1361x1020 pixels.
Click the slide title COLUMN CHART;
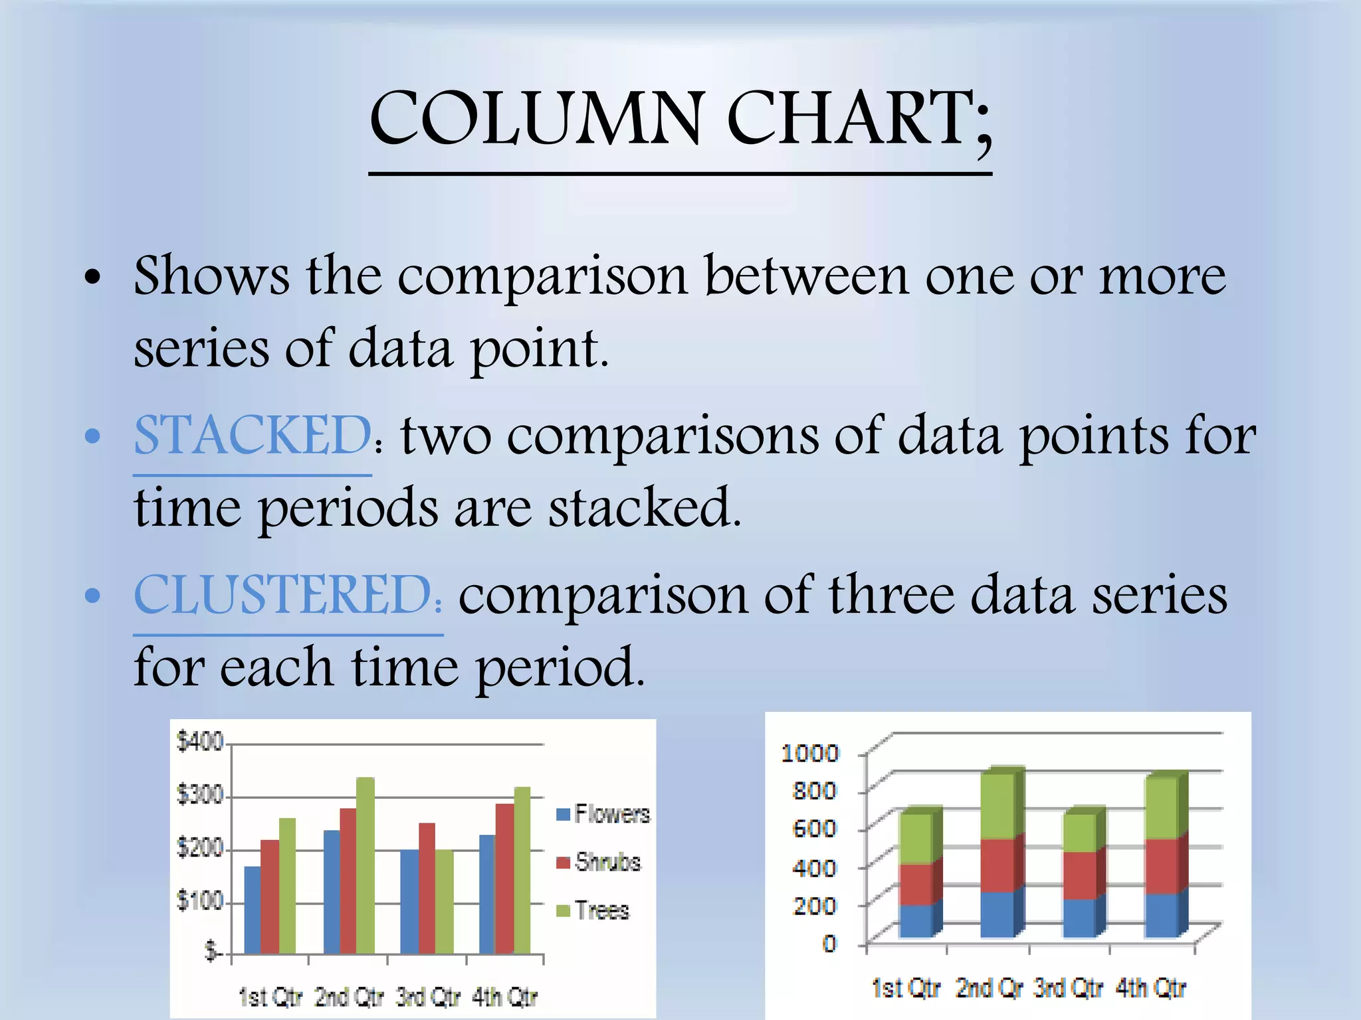coord(680,120)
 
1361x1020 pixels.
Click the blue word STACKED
coord(252,436)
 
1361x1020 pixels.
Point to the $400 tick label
coord(199,741)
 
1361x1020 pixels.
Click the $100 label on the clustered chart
coord(199,901)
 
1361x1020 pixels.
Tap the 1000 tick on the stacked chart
coord(810,753)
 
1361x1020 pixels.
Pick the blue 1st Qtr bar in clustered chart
coord(253,910)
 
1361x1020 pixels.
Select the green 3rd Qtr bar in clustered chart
coord(445,901)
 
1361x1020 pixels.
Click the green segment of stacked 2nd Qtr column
coord(997,806)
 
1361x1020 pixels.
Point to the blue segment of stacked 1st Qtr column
coord(916,920)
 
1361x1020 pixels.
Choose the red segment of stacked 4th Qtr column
coord(1161,866)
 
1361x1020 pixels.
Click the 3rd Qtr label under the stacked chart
coord(1069,988)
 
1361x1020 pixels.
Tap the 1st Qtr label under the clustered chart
coord(270,997)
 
